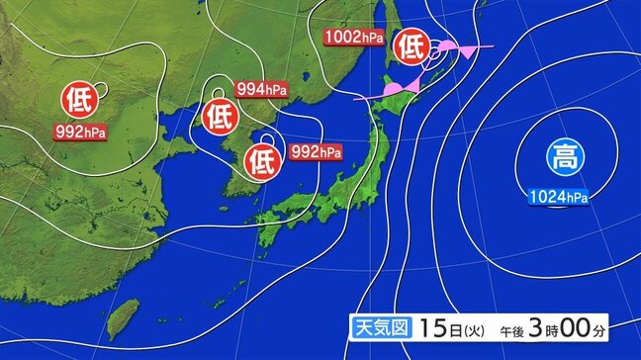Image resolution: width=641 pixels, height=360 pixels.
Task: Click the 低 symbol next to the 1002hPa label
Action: pos(411,45)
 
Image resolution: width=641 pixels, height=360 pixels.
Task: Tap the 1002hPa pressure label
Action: pos(353,38)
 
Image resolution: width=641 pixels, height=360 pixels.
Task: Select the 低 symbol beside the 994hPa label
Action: pos(220,117)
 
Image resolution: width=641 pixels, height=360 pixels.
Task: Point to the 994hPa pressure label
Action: pos(263,90)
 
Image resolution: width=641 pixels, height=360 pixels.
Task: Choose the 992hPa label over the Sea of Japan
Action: pos(317,152)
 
